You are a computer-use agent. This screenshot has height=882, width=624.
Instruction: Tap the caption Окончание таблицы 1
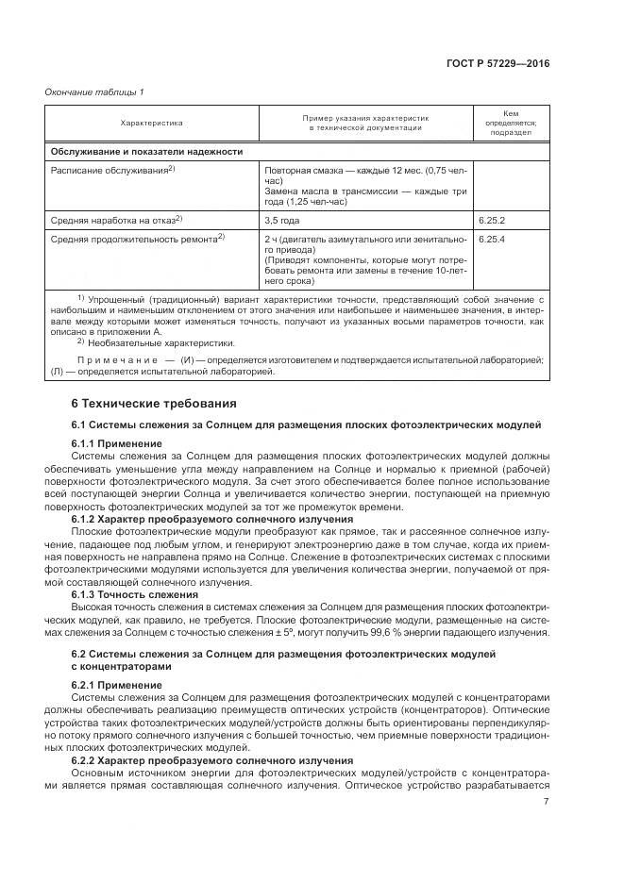94,92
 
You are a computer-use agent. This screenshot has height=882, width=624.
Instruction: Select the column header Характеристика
151,123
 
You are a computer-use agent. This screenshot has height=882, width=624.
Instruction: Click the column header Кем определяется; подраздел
510,123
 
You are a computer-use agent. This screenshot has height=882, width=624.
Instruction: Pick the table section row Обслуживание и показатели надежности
146,151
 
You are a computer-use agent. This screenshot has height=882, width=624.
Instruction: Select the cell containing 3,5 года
282,220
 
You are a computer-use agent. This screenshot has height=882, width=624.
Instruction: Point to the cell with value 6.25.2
491,220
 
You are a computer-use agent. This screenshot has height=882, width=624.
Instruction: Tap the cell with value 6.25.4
491,240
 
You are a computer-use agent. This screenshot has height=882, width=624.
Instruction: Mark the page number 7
547,802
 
